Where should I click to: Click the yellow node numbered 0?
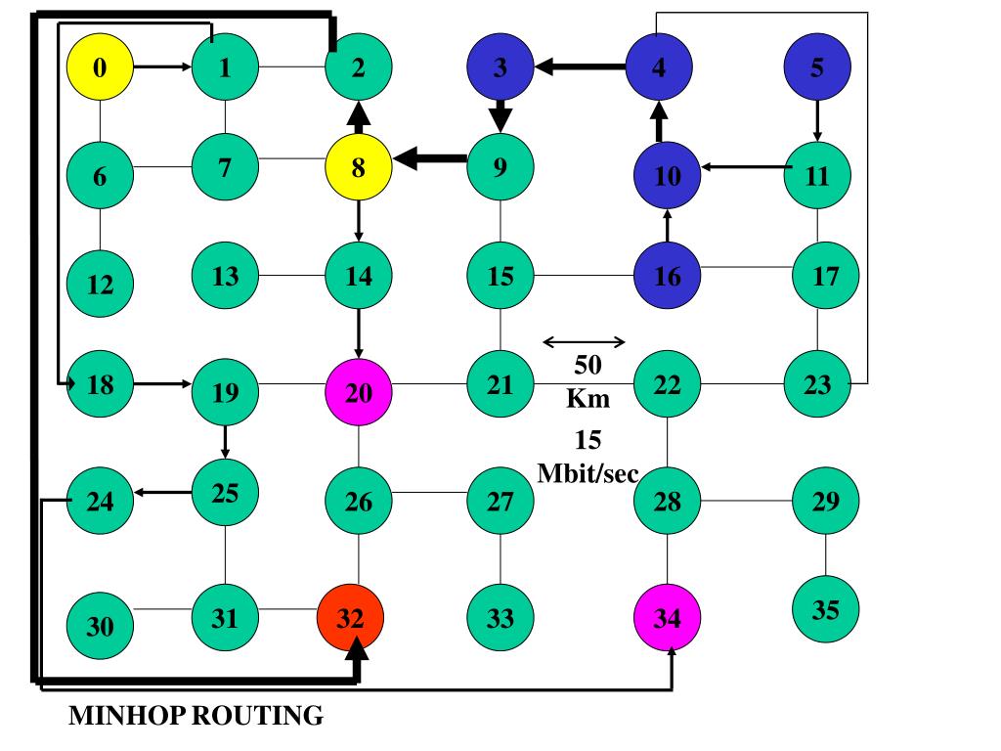pos(100,67)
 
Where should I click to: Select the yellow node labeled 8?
pos(359,167)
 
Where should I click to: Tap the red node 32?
pos(351,618)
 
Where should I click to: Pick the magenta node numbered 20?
pos(359,392)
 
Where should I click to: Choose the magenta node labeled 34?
pos(667,618)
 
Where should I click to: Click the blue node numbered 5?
pos(817,67)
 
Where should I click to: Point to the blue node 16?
pos(667,276)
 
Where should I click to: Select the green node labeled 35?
pos(825,610)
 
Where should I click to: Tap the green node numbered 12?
pos(100,285)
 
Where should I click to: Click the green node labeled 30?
pos(100,626)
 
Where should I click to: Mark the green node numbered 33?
pos(500,618)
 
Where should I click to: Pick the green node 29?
pos(825,502)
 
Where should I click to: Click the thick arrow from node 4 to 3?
pos(581,67)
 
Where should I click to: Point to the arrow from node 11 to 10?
pos(748,167)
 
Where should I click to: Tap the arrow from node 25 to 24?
pos(163,492)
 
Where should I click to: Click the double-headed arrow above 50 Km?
pos(584,341)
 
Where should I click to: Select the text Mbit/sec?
pos(588,474)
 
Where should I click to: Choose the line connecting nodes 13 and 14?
pos(291,275)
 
